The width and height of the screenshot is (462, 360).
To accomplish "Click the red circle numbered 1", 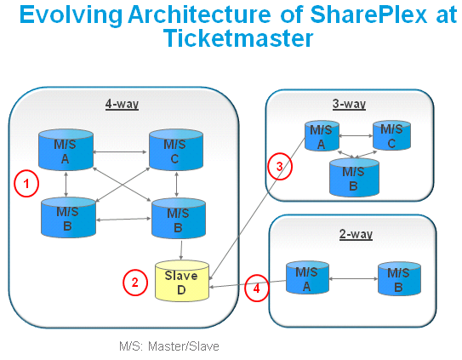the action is [x=26, y=183].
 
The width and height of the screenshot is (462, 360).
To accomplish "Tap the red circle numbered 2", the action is [x=135, y=283].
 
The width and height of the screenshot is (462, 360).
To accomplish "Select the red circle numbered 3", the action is [x=280, y=166].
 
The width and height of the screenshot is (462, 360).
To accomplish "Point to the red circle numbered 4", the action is [x=257, y=288].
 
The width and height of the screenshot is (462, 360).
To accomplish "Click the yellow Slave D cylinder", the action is [x=182, y=281].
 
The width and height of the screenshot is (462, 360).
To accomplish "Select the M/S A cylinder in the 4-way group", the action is [x=66, y=150].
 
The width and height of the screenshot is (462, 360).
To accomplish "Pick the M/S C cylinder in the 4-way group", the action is [x=176, y=150].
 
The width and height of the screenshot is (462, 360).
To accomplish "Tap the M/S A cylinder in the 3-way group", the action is [x=322, y=136].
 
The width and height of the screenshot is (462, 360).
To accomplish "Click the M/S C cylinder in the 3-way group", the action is [x=391, y=135].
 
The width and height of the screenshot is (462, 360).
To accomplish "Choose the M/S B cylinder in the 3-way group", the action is [x=354, y=177].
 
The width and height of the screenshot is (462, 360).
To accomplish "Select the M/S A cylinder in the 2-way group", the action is [x=307, y=277].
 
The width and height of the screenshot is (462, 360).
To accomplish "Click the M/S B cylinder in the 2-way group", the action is [x=399, y=278].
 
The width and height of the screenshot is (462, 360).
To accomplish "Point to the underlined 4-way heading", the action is [x=122, y=104].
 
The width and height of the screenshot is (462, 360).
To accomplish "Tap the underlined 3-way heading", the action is [x=349, y=104].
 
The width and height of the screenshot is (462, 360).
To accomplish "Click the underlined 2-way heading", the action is [x=356, y=234].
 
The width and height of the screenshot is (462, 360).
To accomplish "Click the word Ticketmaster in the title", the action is [x=238, y=38].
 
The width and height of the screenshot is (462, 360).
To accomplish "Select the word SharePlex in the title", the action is [x=368, y=14].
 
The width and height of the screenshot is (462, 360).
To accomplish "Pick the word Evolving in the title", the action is [x=71, y=15].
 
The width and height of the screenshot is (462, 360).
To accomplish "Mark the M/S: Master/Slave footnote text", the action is [x=169, y=346].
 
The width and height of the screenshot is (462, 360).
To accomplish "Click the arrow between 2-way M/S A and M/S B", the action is [x=353, y=278].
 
